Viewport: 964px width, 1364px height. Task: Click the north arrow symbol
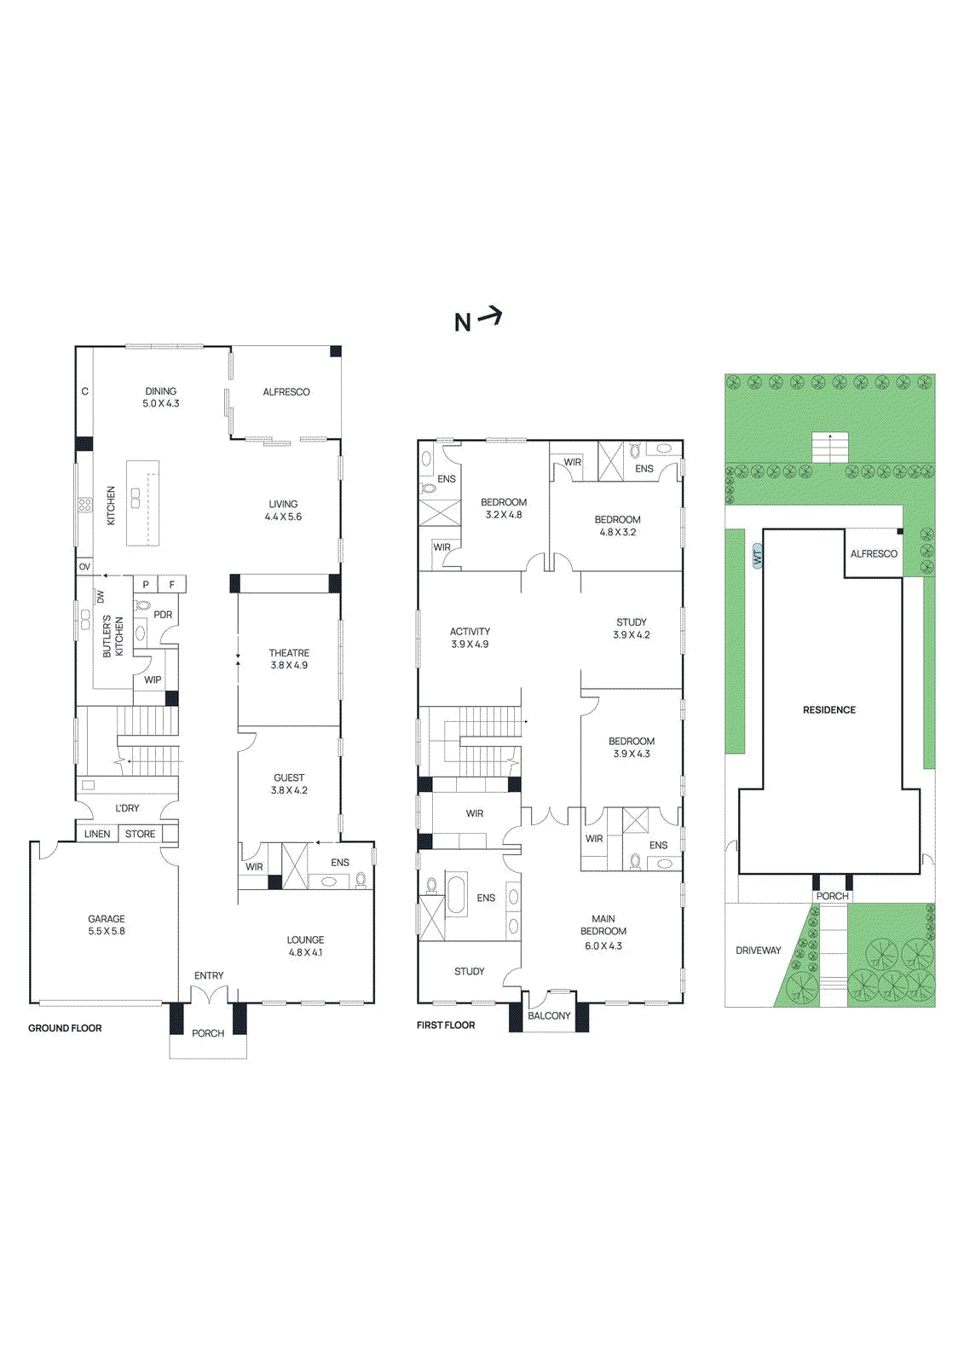(489, 317)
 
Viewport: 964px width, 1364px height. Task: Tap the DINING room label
(160, 391)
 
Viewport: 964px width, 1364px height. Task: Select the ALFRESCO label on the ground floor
(286, 392)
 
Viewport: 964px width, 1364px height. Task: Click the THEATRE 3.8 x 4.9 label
(289, 659)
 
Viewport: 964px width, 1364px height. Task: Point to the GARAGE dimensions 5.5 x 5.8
(107, 931)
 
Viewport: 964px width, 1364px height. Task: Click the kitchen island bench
(143, 503)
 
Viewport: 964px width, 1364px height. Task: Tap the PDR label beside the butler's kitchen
(163, 615)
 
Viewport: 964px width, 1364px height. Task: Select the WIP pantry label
(153, 679)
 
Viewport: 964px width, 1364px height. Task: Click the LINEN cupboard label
(97, 834)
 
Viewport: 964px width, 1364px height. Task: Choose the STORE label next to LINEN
(141, 834)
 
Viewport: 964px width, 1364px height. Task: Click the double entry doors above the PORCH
(209, 994)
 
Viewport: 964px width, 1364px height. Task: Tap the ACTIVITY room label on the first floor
(470, 632)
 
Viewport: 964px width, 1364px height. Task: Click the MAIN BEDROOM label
(603, 925)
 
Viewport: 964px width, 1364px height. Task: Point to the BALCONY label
(549, 1015)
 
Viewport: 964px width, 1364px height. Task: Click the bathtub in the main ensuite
(457, 894)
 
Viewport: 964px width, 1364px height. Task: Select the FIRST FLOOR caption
(446, 1025)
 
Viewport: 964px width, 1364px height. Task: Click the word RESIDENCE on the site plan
(828, 709)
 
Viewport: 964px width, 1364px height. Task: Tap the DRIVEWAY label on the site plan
(758, 950)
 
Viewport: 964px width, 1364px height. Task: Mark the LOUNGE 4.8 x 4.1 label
(305, 945)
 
